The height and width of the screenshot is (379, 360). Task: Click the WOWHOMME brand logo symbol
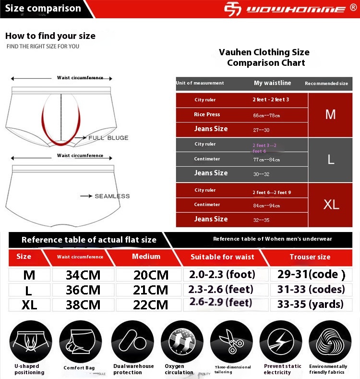(x=234, y=9)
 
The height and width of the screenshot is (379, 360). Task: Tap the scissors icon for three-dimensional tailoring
(x=231, y=342)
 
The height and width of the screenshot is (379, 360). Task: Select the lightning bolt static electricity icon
(x=281, y=342)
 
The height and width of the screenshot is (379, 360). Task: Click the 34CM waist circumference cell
(x=83, y=275)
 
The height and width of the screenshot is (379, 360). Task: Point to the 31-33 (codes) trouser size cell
(x=311, y=290)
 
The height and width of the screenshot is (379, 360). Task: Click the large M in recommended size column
(x=331, y=114)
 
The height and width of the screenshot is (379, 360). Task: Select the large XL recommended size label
(x=331, y=204)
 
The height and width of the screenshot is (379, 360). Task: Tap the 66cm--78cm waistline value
(x=266, y=115)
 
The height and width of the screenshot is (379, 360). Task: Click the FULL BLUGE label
(x=108, y=138)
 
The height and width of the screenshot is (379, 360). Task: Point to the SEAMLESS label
(x=112, y=196)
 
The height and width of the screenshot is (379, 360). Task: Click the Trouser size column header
(x=310, y=257)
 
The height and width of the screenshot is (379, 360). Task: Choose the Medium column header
(x=146, y=257)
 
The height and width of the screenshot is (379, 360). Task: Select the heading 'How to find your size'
(x=50, y=36)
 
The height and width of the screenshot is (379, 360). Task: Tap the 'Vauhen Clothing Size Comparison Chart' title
(x=264, y=58)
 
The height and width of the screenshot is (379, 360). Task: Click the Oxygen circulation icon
(x=182, y=342)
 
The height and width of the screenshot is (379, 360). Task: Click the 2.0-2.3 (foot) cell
(x=222, y=275)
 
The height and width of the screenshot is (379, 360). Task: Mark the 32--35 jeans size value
(x=262, y=220)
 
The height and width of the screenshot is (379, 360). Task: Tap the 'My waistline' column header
(x=272, y=83)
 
